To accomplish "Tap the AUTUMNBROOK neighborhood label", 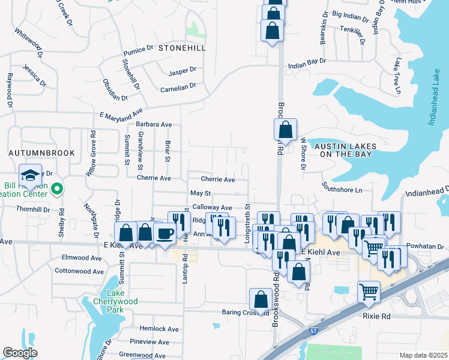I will [x=42, y=153].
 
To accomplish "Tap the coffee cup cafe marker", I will [x=164, y=233].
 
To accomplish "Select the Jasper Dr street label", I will [x=182, y=71].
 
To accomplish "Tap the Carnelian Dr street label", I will [x=178, y=86].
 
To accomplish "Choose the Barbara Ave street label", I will [x=154, y=124].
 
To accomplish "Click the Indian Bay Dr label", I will [x=307, y=61].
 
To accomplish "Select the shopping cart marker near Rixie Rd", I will [x=369, y=293].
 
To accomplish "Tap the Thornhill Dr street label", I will [x=33, y=209].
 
